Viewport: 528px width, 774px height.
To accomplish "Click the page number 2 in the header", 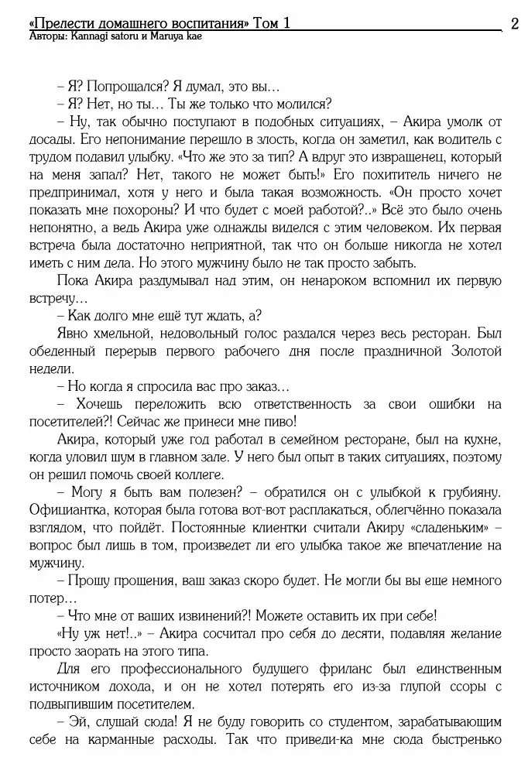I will (515, 23).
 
